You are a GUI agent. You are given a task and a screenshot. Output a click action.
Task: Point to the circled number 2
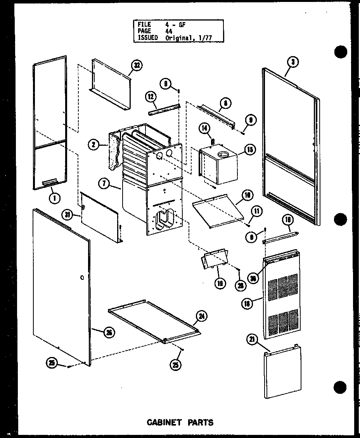coord(93,145)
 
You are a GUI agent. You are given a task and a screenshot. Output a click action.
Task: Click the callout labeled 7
coord(104,184)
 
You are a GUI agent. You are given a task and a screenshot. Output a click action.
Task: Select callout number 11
coord(257,211)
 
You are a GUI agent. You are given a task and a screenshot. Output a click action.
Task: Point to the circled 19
coord(220,283)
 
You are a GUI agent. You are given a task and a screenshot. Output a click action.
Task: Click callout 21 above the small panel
coord(252,340)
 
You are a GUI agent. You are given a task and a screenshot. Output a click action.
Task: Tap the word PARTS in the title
coord(200,422)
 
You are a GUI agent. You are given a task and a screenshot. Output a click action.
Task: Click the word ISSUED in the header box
coord(147,37)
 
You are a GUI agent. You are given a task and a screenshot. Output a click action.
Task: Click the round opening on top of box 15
coord(223,155)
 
